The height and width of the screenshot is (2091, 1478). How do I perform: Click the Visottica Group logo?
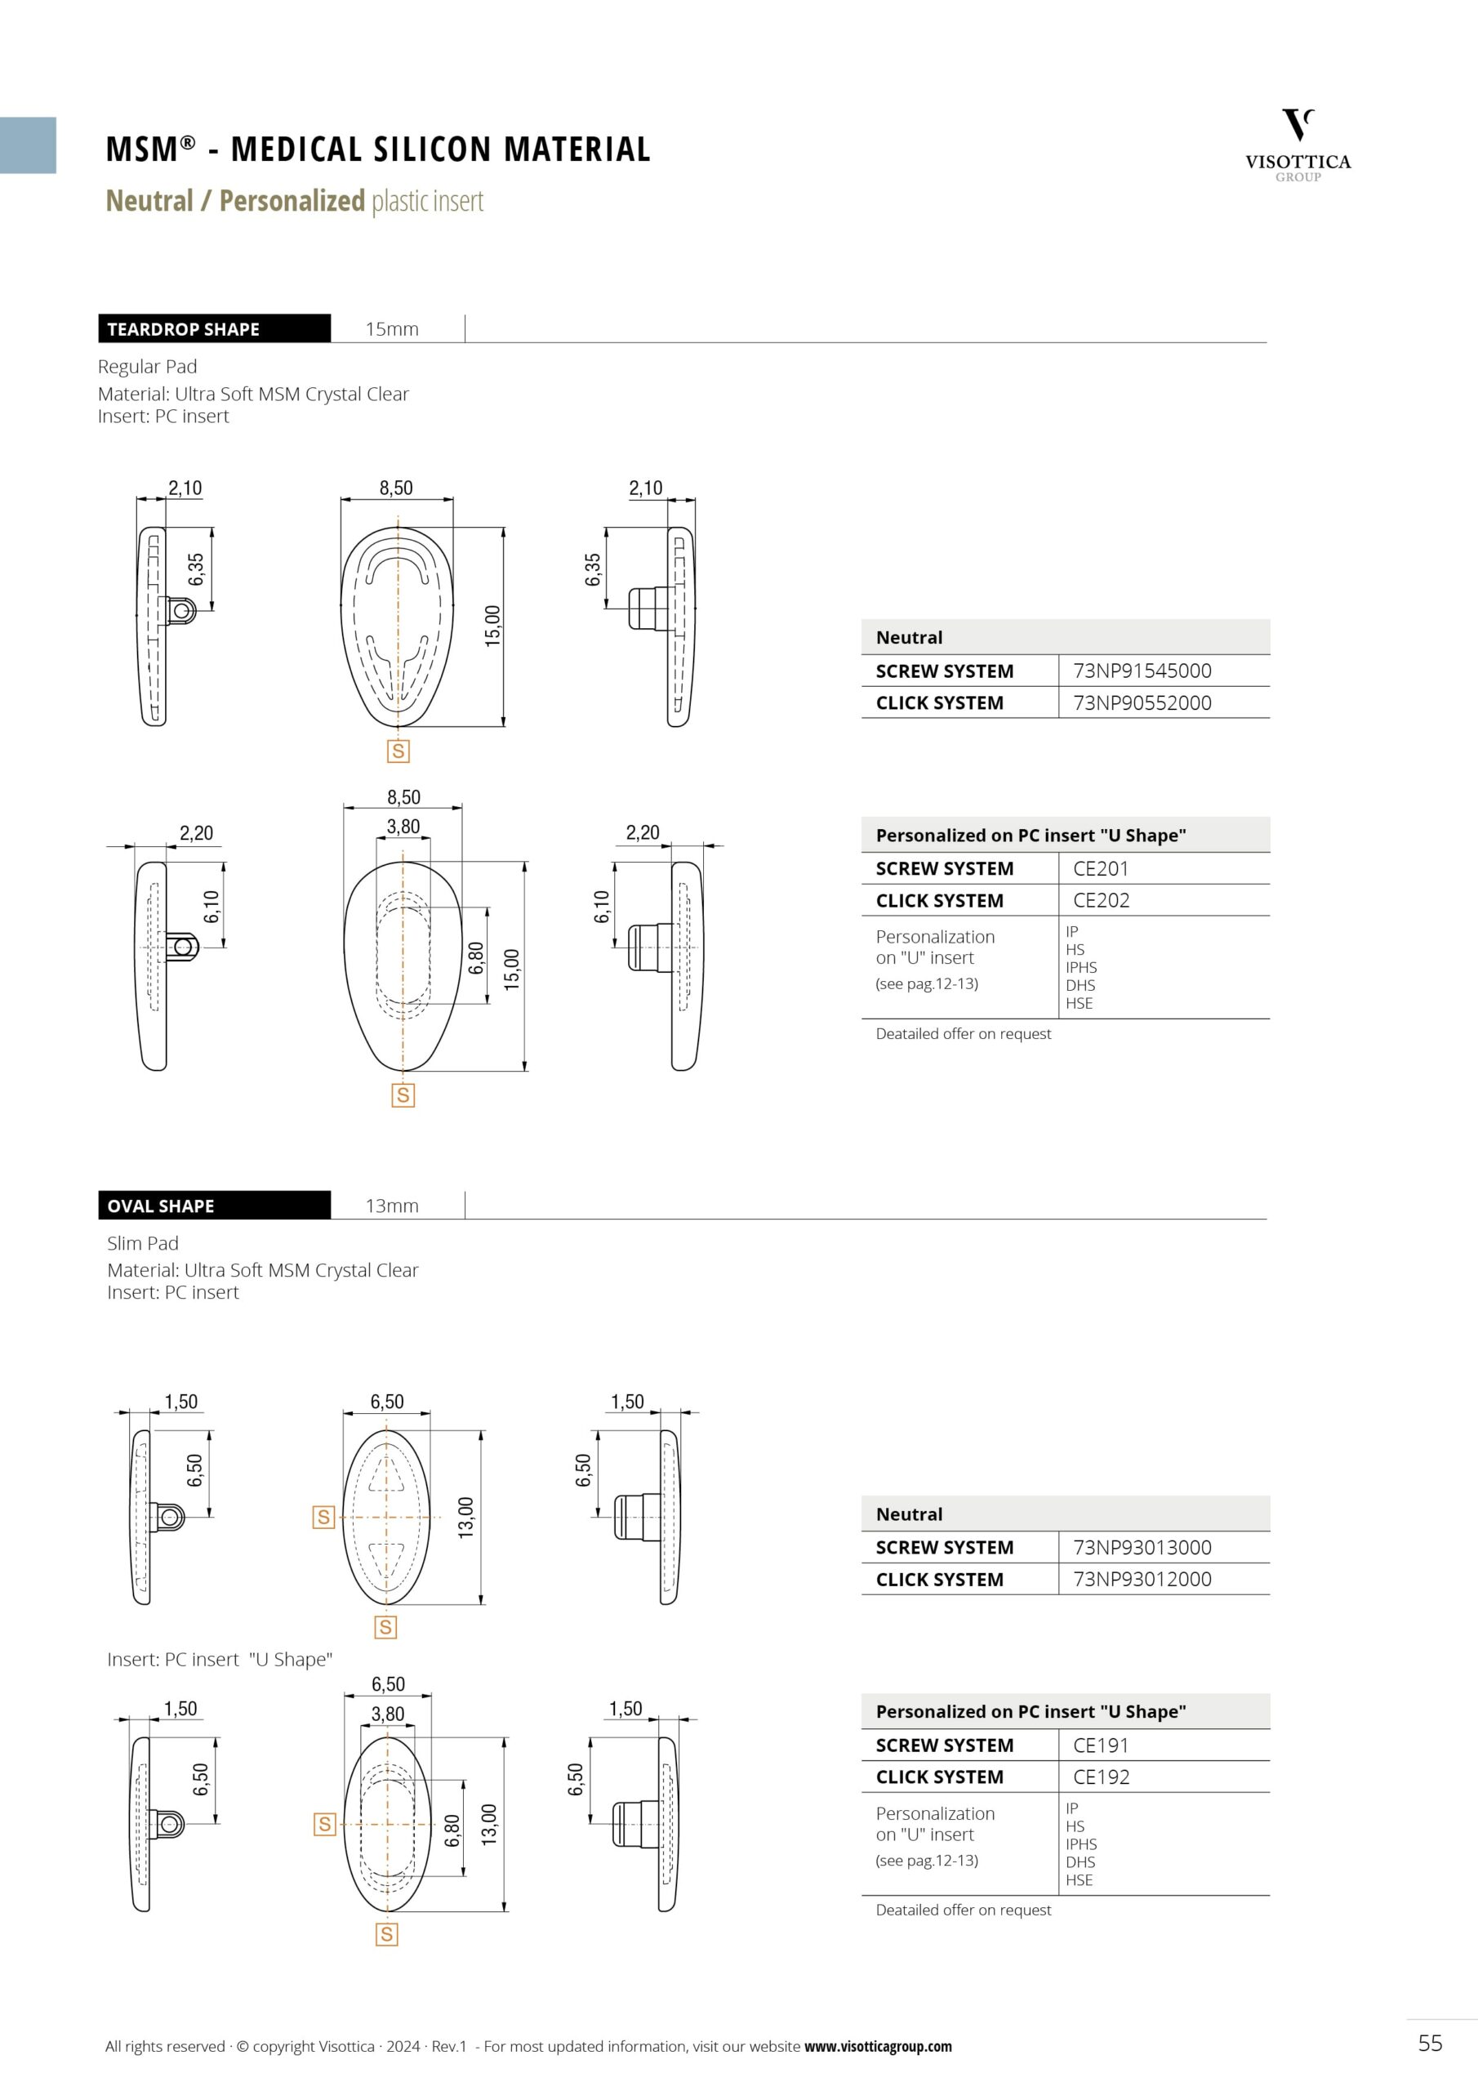pos(1298,145)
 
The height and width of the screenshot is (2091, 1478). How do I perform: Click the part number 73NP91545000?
pos(1142,671)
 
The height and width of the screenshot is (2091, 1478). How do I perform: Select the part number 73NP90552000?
pos(1142,703)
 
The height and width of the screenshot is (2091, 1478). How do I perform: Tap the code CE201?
pos(1100,869)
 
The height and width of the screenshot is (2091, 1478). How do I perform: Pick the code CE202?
pos(1101,901)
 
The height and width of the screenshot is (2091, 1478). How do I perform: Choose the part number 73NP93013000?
pos(1142,1547)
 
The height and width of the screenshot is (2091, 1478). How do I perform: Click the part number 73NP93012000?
pos(1142,1579)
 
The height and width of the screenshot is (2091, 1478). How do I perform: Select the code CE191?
pos(1100,1745)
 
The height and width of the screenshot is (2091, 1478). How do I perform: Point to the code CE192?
pos(1101,1777)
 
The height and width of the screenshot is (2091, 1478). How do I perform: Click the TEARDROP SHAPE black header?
pos(214,329)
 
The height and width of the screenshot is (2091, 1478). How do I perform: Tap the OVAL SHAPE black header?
pos(214,1206)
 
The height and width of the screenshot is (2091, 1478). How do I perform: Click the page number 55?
pos(1430,2043)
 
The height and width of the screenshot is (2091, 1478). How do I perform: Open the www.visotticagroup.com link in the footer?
pos(877,2046)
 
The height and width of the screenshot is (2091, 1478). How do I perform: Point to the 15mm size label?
pos(392,330)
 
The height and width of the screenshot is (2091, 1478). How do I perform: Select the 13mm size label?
pos(392,1206)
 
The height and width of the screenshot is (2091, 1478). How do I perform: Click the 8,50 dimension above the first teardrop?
pos(396,488)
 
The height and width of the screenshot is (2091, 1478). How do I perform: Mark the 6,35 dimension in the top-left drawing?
pos(197,569)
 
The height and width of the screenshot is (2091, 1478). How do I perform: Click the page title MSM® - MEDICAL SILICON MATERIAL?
pos(378,149)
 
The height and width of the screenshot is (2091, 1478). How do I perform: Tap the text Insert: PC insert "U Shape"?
pos(220,1659)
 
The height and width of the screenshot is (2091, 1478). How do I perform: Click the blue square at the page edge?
pos(27,145)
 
